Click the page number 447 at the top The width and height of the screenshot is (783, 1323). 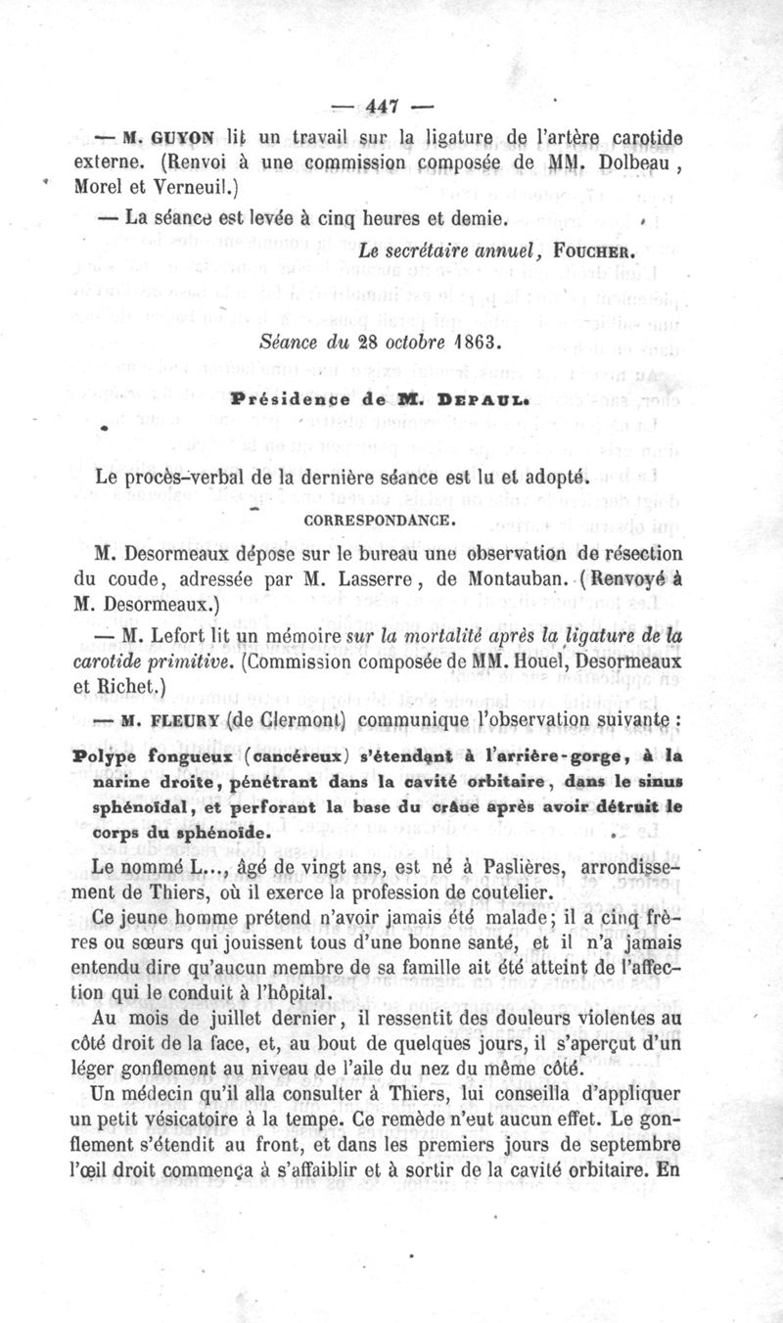(391, 105)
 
